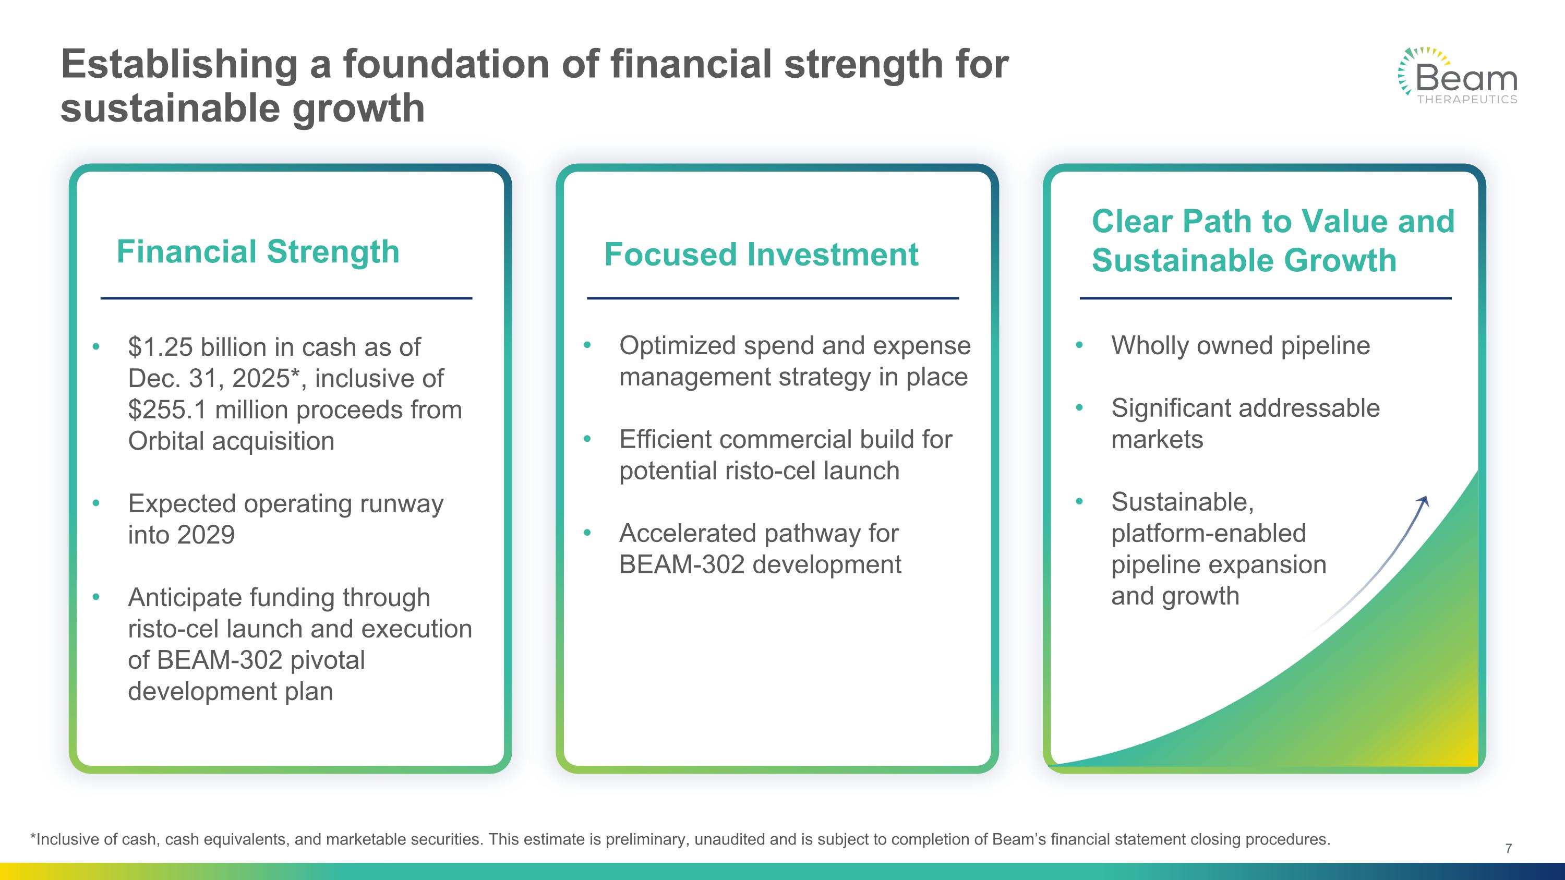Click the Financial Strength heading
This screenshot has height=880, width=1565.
tap(258, 251)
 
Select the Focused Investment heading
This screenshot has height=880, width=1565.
tap(761, 255)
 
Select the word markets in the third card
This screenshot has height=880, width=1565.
tap(1157, 440)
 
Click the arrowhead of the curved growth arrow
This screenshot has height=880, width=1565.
tap(1424, 501)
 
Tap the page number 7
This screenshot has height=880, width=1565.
tap(1509, 848)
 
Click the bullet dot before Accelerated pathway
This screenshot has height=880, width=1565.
tap(587, 533)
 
